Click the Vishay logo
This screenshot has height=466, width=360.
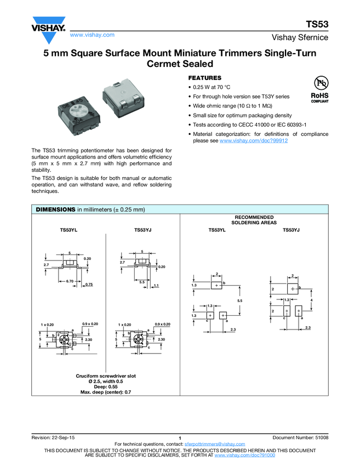coord(48,31)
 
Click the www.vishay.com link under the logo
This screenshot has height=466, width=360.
coord(92,35)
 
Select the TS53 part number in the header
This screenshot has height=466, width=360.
coord(317,25)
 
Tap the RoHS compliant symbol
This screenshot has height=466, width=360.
coord(319,96)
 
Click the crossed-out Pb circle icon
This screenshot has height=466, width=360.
coord(319,83)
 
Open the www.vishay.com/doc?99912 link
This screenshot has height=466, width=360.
coord(254,141)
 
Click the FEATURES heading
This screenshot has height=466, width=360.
coord(205,78)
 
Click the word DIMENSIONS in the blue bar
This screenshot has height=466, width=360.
coord(55,209)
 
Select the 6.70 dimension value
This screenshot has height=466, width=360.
coord(70,281)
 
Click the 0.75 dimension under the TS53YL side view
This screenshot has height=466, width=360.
coord(89,285)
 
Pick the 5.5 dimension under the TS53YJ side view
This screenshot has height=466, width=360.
coord(141,282)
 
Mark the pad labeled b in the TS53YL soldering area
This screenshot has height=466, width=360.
coord(217,286)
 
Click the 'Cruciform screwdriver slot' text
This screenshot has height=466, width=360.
coord(106,376)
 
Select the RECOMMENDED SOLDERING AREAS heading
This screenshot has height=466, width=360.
coord(254,220)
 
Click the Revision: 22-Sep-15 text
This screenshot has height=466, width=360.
coord(54,437)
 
